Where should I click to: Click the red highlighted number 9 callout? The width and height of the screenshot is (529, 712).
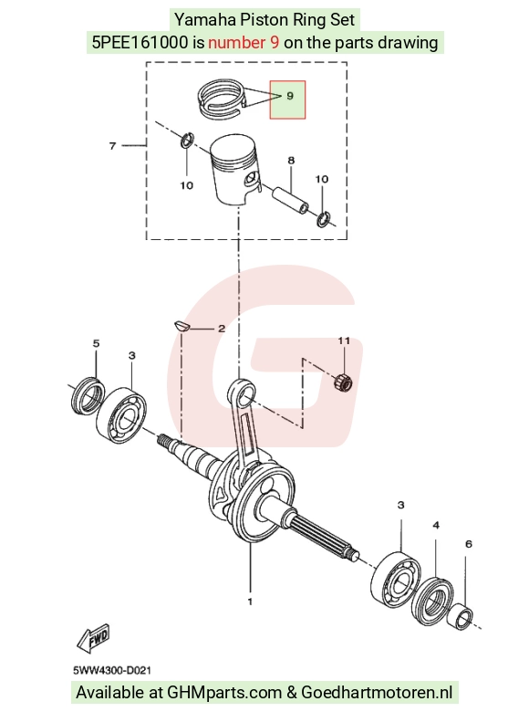pyautogui.click(x=287, y=99)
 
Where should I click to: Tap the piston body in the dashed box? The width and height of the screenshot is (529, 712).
pyautogui.click(x=236, y=171)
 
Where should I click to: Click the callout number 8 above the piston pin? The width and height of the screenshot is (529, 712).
pyautogui.click(x=291, y=161)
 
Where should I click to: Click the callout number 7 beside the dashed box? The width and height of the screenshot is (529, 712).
pyautogui.click(x=112, y=146)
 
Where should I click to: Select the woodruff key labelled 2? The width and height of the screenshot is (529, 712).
pyautogui.click(x=181, y=325)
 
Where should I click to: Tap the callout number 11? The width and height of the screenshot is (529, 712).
pyautogui.click(x=344, y=340)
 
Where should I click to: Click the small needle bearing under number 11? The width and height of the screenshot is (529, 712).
pyautogui.click(x=343, y=381)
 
